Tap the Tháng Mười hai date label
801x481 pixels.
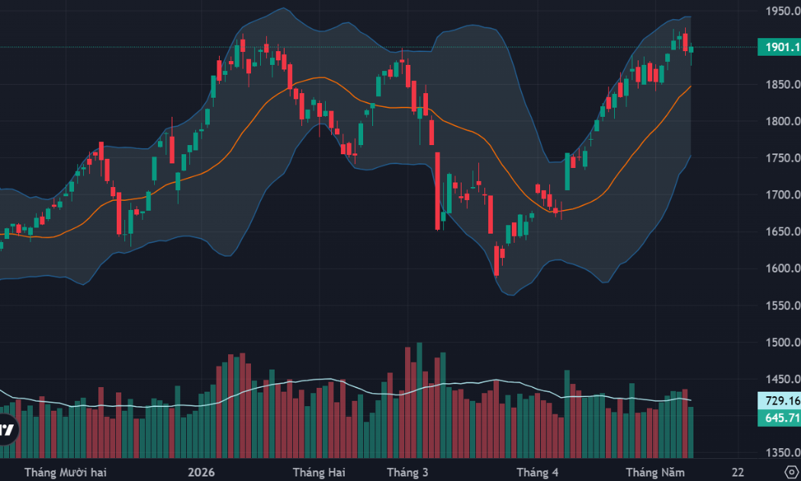click(66, 473)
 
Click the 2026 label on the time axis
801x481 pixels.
click(201, 473)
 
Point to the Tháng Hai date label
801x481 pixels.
click(319, 473)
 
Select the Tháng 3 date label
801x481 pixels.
click(407, 473)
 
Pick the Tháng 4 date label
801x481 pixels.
click(537, 473)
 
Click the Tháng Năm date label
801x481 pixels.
click(655, 473)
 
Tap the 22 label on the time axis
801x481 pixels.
click(738, 473)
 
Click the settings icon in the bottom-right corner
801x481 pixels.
click(792, 472)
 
